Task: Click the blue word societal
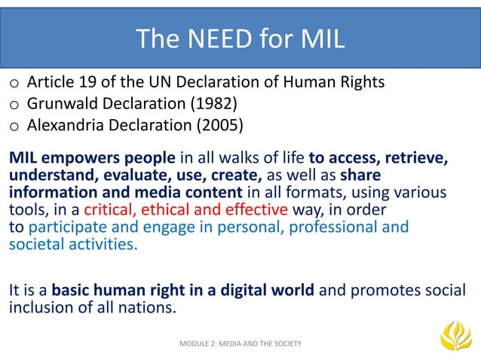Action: pos(35,244)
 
